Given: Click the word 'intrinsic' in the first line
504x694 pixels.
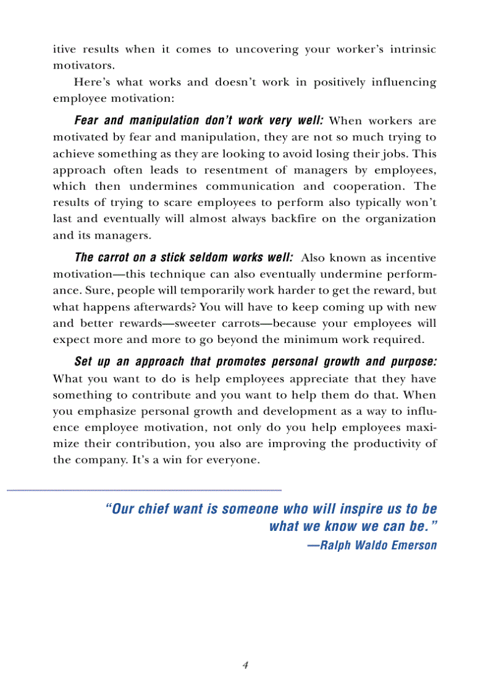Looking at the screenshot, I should tap(413, 49).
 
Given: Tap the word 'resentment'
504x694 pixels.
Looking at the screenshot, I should tap(233, 170).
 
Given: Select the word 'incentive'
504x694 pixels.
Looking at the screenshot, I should tap(409, 258).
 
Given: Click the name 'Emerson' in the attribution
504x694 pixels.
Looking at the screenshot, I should tap(413, 545).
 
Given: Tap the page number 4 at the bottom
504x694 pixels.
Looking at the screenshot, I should tap(245, 665).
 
